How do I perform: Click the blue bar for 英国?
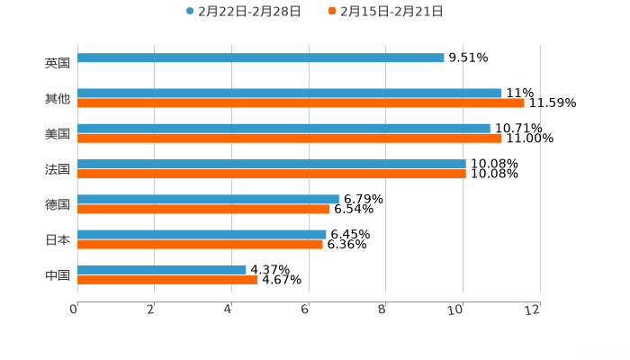261,58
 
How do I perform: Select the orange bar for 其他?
301,103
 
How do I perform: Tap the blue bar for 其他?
290,93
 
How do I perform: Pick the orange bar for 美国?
290,139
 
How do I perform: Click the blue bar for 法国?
272,164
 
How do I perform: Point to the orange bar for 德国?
203,210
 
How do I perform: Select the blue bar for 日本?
202,234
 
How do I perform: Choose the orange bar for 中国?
167,280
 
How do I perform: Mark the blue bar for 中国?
162,269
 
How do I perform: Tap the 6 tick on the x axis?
306,310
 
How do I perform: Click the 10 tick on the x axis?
460,310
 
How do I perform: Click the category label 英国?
57,63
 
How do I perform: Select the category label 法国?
57,169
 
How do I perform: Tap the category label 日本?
57,239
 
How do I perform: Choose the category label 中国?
57,274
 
